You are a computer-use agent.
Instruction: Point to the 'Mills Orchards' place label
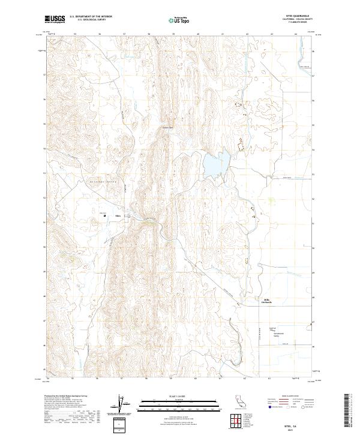265,301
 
